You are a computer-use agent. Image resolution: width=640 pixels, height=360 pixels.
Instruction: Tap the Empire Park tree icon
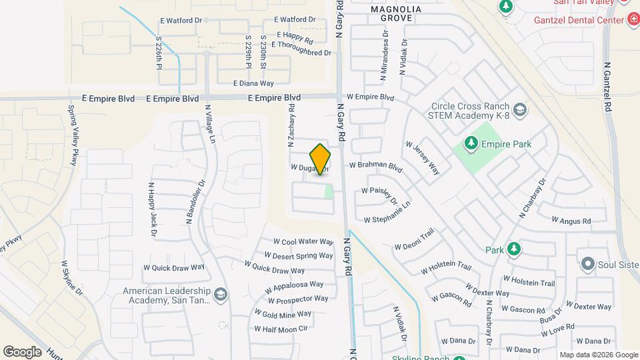471,143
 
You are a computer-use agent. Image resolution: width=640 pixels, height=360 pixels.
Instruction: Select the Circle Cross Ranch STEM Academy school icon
519,109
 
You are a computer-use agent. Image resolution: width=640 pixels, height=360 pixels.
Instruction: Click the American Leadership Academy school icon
221,293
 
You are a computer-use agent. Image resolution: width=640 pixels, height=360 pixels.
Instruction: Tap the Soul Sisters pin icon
587,265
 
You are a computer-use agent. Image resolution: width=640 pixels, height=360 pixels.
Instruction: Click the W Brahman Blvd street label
376,165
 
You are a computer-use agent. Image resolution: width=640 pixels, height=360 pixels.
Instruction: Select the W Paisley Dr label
379,195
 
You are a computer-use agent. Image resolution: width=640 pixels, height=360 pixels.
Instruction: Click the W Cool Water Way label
303,242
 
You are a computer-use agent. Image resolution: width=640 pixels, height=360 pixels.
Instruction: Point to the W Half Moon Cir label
281,329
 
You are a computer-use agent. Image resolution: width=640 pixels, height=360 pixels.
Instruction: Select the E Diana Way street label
253,83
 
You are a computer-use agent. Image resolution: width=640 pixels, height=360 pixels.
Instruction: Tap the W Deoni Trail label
414,238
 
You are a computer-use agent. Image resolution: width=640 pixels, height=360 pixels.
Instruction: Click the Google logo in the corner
22,351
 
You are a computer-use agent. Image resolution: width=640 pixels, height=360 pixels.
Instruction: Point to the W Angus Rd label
571,221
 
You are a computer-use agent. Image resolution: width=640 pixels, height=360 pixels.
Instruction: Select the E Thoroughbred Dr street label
300,52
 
